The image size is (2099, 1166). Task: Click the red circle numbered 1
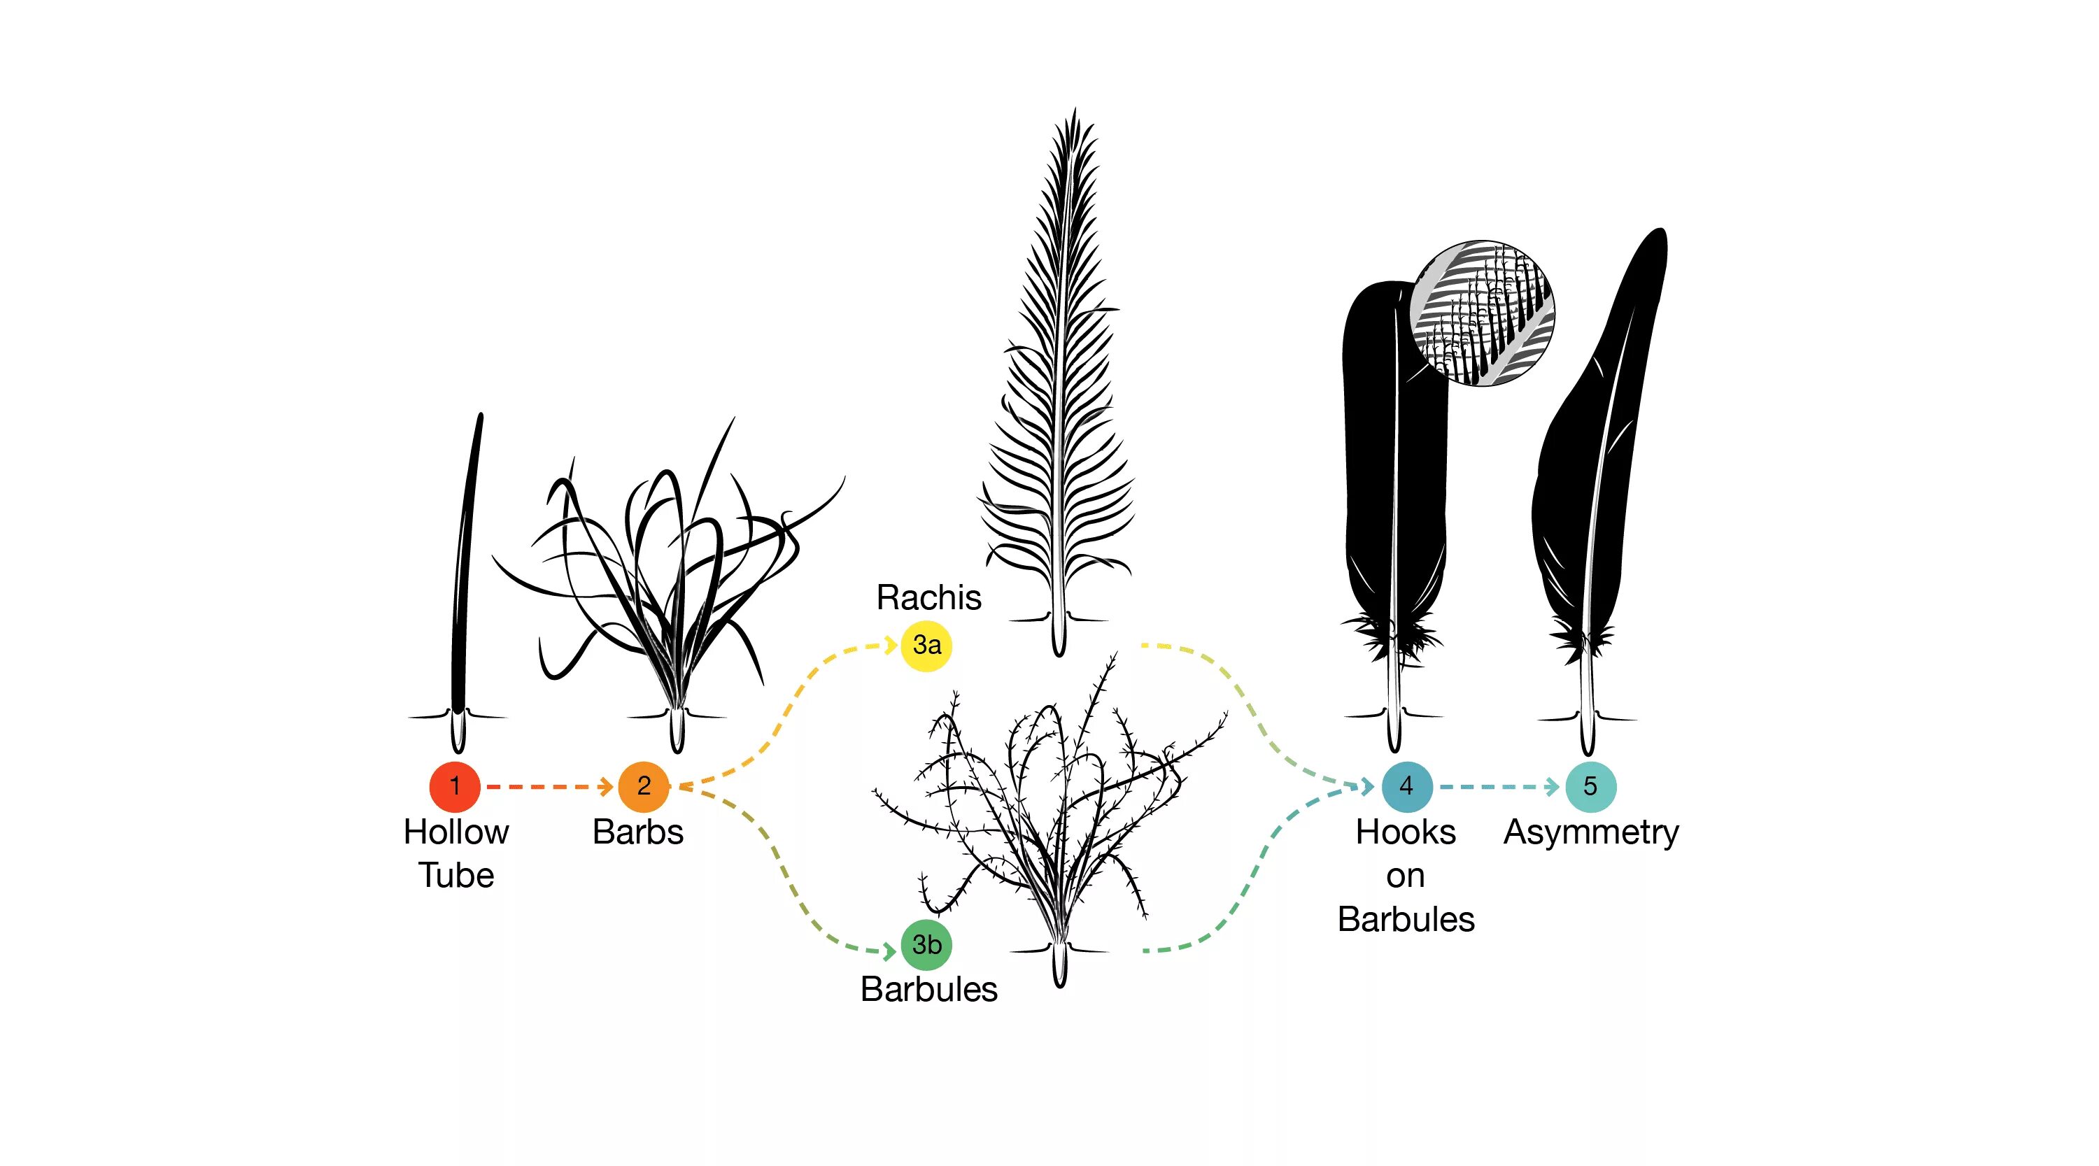click(455, 786)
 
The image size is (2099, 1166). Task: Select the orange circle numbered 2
click(643, 786)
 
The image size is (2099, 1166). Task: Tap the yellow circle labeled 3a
click(926, 646)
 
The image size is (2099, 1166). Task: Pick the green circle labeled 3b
click(926, 945)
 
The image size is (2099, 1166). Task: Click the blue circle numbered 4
click(1406, 786)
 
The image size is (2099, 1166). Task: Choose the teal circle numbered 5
click(1590, 786)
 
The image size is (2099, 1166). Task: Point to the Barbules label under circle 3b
click(929, 990)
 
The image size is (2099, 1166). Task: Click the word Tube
click(456, 876)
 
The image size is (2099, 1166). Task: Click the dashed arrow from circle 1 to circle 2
click(549, 787)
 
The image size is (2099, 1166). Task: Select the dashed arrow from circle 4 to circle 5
click(1498, 787)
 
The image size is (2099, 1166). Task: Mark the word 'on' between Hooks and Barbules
click(1406, 876)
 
